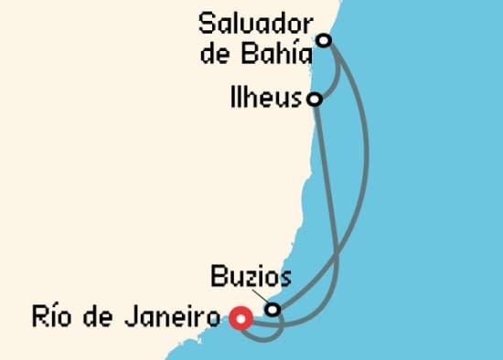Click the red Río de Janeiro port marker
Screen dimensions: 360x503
[241, 318]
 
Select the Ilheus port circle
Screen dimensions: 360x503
[315, 100]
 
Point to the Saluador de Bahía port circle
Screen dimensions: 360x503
[323, 40]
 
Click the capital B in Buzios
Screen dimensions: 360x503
[216, 275]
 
